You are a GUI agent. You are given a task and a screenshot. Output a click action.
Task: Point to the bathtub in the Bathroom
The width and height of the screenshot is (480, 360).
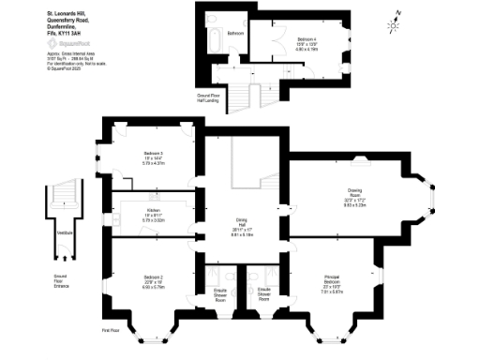pyautogui.click(x=212, y=38)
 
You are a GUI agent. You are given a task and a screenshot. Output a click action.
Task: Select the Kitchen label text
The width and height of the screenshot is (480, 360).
pyautogui.click(x=154, y=211)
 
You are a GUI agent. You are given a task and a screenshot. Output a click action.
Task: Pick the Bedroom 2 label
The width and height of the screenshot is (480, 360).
pyautogui.click(x=154, y=278)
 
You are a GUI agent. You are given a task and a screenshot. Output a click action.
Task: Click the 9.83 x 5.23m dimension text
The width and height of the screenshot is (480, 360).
pyautogui.click(x=353, y=204)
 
